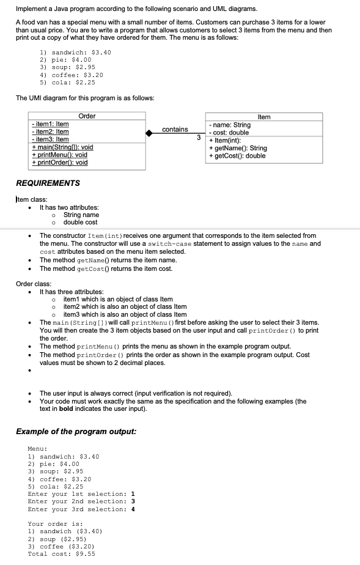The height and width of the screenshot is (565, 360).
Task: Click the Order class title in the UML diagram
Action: coord(87,116)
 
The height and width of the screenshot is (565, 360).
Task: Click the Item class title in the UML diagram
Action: coord(264,117)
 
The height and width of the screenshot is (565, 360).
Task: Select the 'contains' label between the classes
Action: coord(175,129)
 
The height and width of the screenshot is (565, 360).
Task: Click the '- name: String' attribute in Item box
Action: coord(230,125)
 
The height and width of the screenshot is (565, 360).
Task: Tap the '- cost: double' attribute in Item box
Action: coord(229,133)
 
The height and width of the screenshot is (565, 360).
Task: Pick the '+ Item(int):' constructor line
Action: coord(224,140)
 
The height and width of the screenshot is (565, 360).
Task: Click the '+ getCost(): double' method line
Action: coord(237,155)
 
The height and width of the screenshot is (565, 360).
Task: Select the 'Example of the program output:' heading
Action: coord(76,432)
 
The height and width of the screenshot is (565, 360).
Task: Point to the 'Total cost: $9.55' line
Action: coord(61,553)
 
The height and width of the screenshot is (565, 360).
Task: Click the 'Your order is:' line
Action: coord(51,524)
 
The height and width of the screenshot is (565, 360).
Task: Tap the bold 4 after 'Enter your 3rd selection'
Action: coord(133,509)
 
